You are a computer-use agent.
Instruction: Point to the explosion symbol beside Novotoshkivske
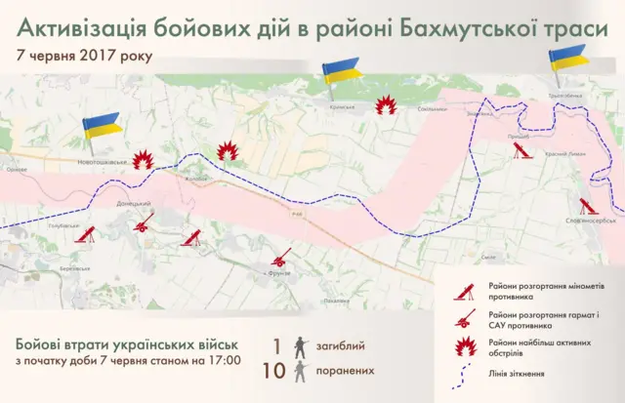tap(144, 158)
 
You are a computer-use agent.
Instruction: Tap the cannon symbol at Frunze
tap(281, 259)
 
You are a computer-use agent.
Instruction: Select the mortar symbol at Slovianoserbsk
tap(586, 207)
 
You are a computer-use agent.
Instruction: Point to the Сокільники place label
tap(432, 109)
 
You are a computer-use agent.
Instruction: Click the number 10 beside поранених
tap(275, 371)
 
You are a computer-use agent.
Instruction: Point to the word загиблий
tap(347, 345)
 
